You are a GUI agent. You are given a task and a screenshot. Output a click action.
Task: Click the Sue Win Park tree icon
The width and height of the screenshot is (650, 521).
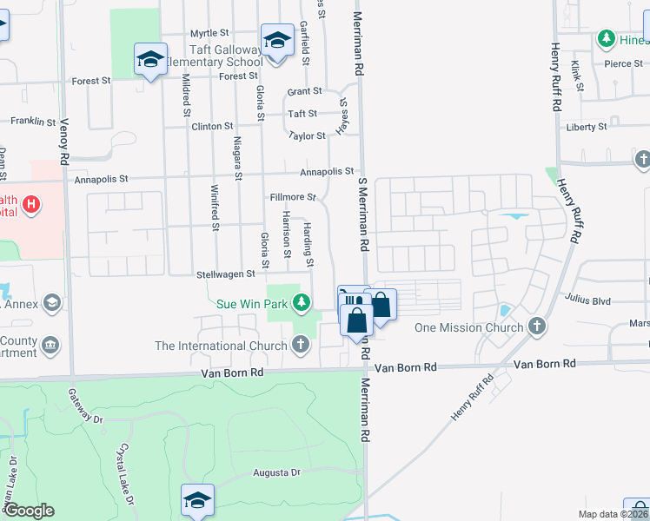pos(301,303)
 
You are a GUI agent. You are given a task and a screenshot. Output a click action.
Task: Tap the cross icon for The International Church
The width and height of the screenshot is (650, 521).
pos(301,346)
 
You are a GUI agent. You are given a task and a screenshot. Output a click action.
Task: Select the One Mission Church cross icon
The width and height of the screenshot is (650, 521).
pos(538,326)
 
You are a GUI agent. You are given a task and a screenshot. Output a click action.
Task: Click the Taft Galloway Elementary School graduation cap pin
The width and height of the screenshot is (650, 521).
pos(277,41)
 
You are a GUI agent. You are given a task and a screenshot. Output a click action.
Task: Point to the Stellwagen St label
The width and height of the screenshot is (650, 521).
pos(224,274)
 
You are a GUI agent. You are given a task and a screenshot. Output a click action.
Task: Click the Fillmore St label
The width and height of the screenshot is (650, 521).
pos(286,197)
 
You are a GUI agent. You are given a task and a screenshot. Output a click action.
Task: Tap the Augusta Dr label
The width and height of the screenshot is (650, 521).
pos(276,473)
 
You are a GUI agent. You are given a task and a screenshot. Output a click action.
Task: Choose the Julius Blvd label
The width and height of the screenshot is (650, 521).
pos(587,300)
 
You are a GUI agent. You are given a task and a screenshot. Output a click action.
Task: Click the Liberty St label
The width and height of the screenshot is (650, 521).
pos(587,127)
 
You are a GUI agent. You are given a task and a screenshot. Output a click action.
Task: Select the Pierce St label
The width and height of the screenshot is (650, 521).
pos(623,63)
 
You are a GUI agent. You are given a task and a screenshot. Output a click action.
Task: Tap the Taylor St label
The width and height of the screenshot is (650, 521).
pos(308,135)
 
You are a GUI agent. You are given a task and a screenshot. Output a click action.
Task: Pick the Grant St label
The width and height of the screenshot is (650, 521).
pos(305,91)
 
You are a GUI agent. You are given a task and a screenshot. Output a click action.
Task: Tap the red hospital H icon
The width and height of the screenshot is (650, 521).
pos(30,206)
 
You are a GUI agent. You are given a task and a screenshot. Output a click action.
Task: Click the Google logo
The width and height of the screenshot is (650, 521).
pos(29,511)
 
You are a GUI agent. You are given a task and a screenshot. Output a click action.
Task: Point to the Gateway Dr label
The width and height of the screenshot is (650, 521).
pos(86,406)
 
